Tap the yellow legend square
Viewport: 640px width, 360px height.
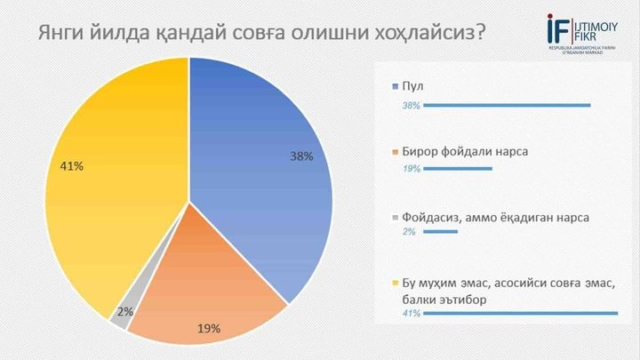[x=396, y=282]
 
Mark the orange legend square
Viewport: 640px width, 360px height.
[x=396, y=152]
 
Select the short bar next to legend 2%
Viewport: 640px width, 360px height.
[x=442, y=233]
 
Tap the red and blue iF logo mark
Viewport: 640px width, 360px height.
[x=559, y=28]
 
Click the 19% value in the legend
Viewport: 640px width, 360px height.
[x=411, y=169]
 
